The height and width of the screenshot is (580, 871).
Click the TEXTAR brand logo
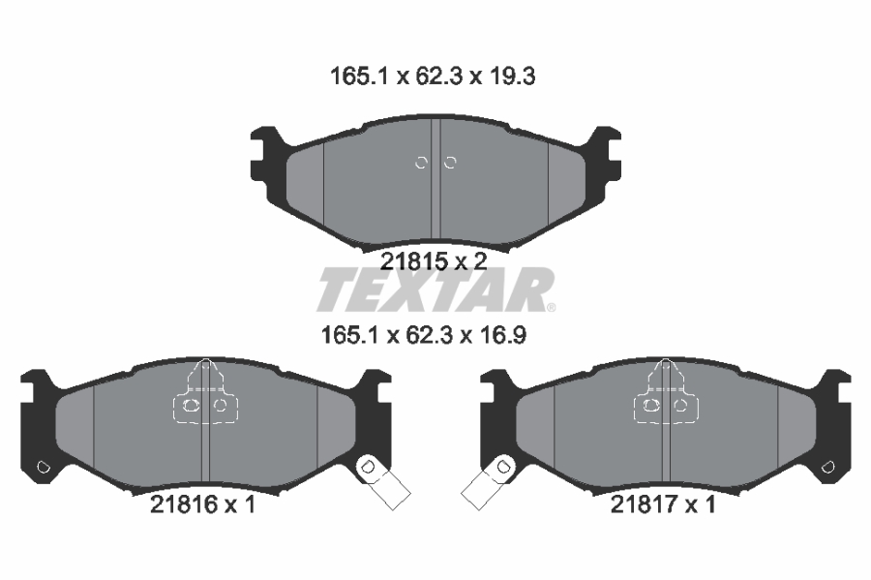pos(435,290)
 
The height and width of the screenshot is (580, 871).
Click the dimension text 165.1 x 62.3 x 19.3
pos(433,76)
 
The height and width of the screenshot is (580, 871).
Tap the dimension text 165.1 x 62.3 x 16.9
pos(424,335)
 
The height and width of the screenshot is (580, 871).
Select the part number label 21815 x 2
pos(434,260)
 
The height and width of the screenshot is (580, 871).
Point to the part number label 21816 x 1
pos(203,504)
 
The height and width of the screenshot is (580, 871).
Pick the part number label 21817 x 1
pos(663,504)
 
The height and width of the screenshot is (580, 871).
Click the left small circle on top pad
pos(421,163)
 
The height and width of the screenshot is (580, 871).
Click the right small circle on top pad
pos(450,163)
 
